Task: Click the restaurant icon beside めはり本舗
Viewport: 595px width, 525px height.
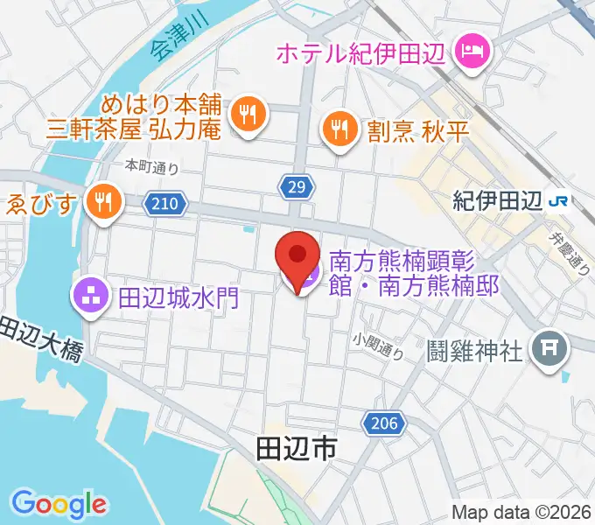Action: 248,112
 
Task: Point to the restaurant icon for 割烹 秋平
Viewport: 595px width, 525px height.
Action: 339,129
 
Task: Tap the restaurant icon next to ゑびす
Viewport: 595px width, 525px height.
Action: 105,202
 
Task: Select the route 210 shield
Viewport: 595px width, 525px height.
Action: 168,204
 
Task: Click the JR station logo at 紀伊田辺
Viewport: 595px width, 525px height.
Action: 557,201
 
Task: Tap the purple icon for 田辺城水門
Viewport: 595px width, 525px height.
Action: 92,297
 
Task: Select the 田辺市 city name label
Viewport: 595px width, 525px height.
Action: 297,450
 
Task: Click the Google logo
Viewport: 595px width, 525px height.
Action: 59,504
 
